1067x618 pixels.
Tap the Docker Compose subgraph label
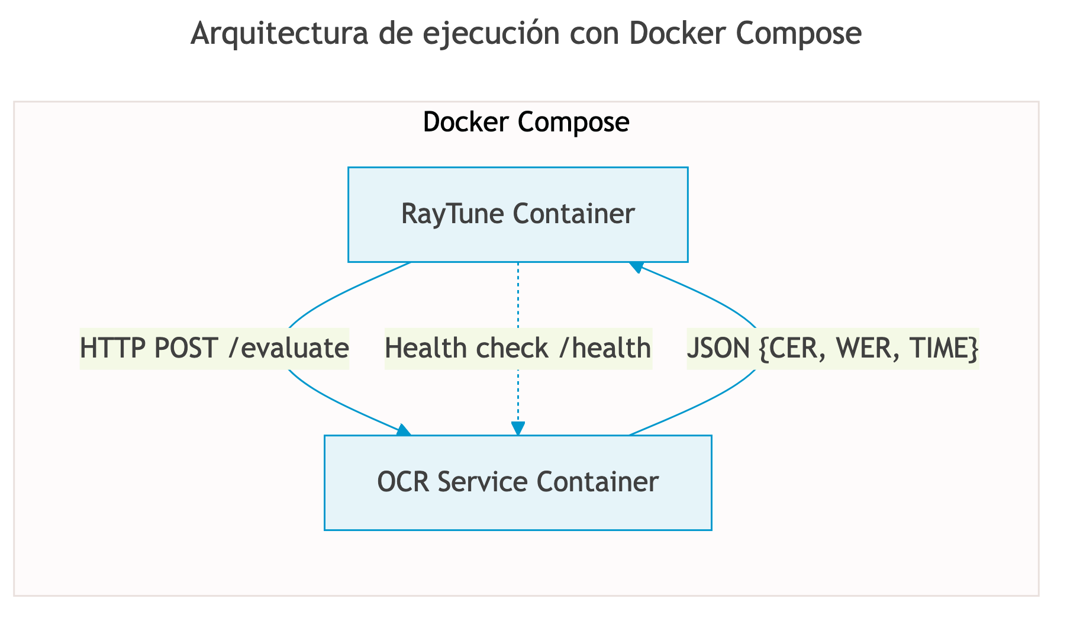[x=526, y=123]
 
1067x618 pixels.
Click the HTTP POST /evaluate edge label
[x=214, y=348]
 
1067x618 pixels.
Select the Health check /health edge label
[x=518, y=348]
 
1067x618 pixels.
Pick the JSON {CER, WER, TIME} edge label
[x=832, y=348]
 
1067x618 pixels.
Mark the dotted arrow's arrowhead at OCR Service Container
[x=518, y=429]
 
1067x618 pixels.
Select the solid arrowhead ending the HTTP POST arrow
[x=404, y=430]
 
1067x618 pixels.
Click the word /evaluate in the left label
[x=288, y=348]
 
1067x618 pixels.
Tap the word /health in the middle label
[x=604, y=348]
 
